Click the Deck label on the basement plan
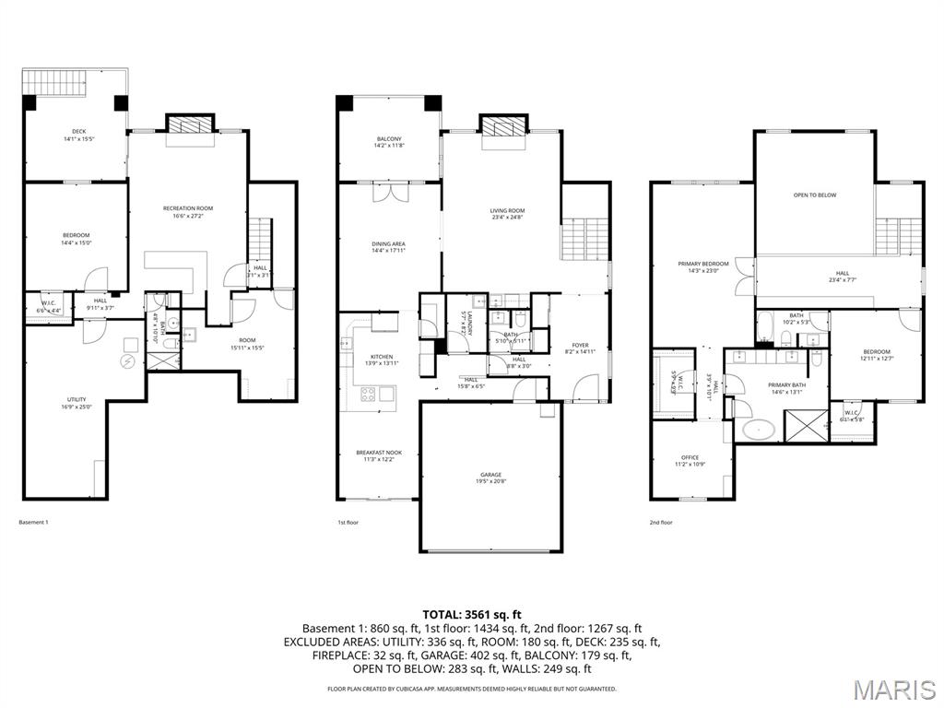78,135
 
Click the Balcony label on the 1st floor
388,142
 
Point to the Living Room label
506,215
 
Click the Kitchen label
381,360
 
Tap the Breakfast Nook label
380,455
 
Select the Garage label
490,478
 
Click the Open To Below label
815,195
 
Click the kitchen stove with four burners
366,395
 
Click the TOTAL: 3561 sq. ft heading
472,614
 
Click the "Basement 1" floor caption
33,523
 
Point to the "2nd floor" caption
661,523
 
